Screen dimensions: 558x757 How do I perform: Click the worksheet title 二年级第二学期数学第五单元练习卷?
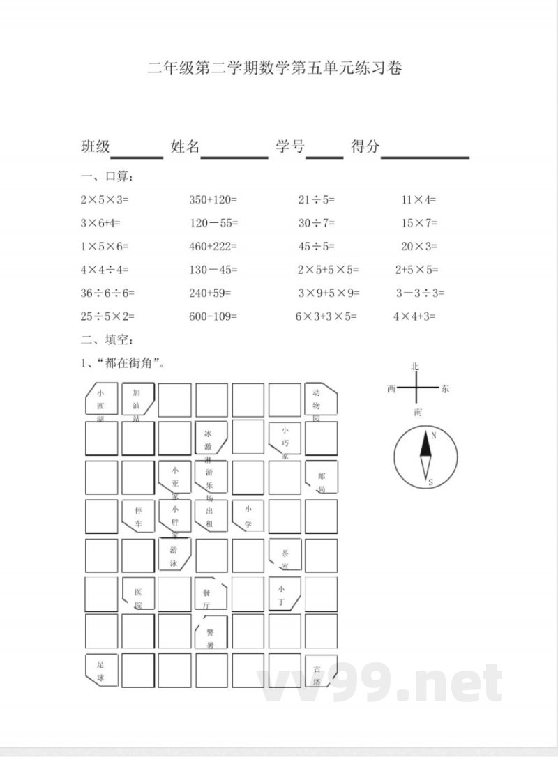(275, 68)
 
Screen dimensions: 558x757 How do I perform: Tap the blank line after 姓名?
(234, 155)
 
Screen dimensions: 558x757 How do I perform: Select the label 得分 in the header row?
(365, 146)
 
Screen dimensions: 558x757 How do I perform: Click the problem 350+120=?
(213, 199)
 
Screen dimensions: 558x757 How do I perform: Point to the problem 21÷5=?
(316, 199)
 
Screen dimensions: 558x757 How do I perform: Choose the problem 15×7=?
(418, 223)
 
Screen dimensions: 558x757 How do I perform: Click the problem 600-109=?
(213, 316)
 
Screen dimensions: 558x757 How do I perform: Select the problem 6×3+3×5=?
(326, 316)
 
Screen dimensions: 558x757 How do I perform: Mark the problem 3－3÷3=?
(420, 293)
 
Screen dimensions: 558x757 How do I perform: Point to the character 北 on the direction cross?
(415, 367)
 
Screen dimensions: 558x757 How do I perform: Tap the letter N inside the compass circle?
(433, 436)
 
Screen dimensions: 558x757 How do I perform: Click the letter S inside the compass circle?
(430, 482)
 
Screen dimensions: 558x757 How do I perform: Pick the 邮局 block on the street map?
(321, 477)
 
